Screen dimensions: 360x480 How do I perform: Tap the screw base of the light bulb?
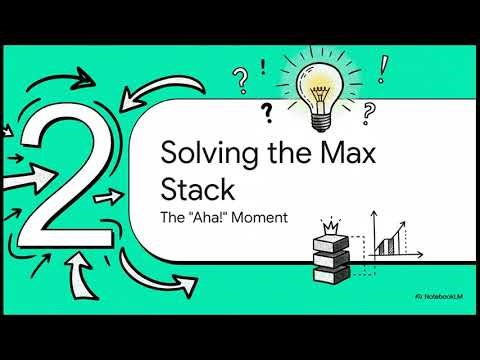[x=321, y=121]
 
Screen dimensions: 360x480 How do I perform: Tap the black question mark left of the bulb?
[x=267, y=109]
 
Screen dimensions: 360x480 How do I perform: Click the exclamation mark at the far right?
[x=383, y=68]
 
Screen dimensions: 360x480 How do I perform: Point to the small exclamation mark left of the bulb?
[x=263, y=67]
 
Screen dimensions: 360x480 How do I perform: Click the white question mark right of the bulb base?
[x=369, y=110]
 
